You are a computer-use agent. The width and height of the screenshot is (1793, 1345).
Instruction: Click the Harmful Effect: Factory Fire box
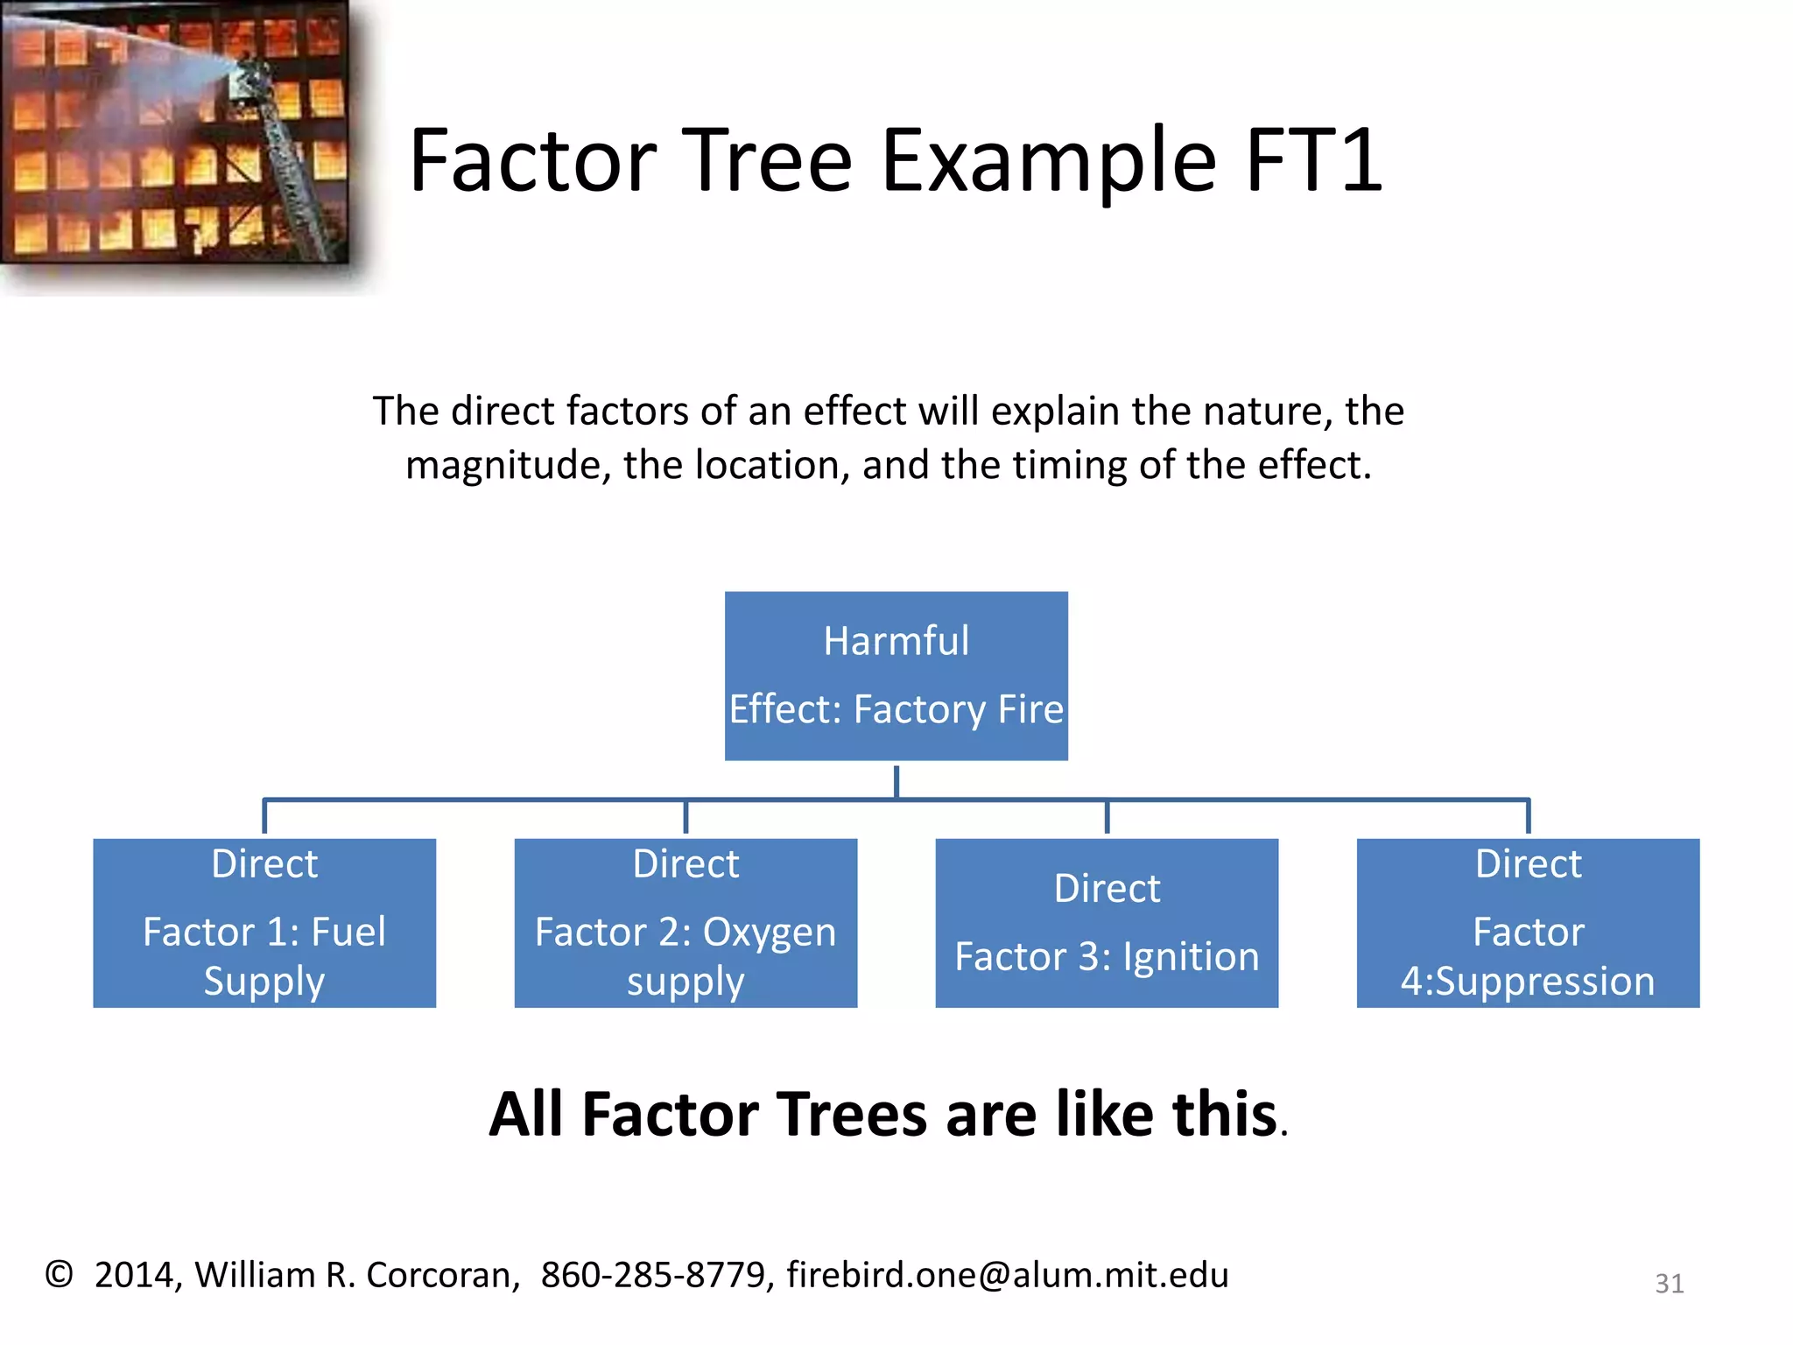coord(896,675)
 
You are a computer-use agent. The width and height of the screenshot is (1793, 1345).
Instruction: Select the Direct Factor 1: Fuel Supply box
coord(264,923)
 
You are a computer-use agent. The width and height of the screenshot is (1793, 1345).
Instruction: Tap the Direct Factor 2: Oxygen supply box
coord(686,923)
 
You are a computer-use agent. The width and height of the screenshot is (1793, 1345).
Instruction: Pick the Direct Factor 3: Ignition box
coord(1107,923)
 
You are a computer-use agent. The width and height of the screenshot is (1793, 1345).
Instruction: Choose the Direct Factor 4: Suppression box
coord(1528,923)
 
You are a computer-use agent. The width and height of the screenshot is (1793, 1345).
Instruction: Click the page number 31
coord(1669,1284)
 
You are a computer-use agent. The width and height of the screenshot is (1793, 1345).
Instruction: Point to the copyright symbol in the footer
coord(59,1274)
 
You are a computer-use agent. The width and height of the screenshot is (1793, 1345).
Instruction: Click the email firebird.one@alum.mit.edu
coord(1007,1275)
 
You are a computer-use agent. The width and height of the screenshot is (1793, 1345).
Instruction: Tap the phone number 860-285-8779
coord(653,1275)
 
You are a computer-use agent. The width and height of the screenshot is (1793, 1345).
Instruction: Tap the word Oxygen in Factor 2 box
coord(769,932)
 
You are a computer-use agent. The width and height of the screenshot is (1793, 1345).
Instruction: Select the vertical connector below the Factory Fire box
coord(896,780)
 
